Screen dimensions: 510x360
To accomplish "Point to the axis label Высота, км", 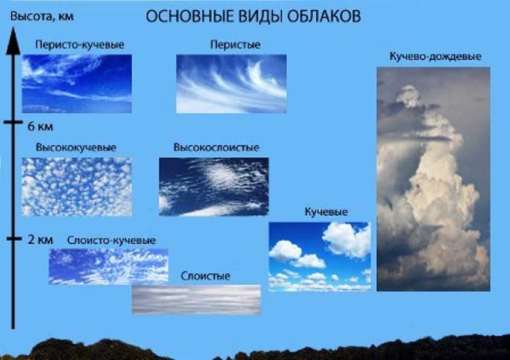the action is click(42, 16).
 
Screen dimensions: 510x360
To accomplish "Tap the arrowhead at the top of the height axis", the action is click(13, 40).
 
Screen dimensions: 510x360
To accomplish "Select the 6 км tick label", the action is click(40, 126).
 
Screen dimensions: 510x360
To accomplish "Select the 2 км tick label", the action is click(40, 240).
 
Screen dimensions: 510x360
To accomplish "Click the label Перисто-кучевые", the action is click(80, 45).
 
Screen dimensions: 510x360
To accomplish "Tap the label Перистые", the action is click(235, 45).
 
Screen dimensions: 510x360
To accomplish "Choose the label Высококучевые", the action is click(76, 148).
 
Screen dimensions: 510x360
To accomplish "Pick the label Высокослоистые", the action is click(216, 148).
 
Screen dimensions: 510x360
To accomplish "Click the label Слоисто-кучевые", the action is click(112, 241).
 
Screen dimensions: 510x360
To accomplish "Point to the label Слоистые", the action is click(205, 276).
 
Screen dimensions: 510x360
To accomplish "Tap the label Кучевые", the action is click(327, 212).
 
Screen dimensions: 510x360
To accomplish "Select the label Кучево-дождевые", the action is click(436, 56).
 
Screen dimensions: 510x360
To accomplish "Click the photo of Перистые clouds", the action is click(231, 84).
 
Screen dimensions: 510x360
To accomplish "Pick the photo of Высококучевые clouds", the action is click(77, 187).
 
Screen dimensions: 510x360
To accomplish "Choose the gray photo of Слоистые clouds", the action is click(196, 300).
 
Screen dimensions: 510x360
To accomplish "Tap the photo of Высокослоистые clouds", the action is click(214, 187).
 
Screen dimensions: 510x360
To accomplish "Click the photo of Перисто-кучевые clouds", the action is click(77, 84).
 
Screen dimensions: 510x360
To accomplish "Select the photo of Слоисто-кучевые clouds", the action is click(109, 267).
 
